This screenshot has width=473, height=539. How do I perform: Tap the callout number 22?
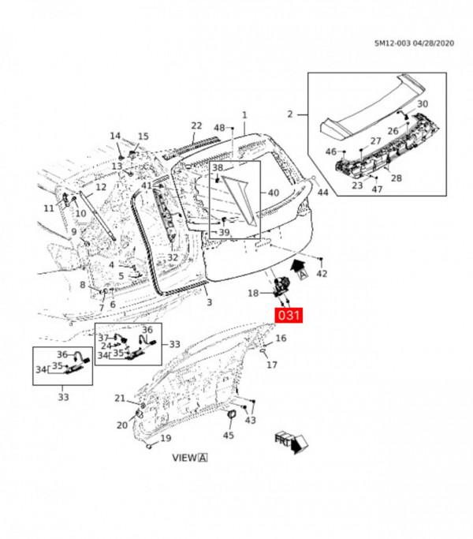pyautogui.click(x=196, y=126)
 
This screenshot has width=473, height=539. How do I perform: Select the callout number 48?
pyautogui.click(x=220, y=128)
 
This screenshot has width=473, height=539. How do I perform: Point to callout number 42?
pyautogui.click(x=321, y=273)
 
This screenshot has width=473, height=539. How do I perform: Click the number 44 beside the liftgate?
pyautogui.click(x=322, y=193)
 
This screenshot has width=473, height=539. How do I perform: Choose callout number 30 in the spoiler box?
pyautogui.click(x=423, y=104)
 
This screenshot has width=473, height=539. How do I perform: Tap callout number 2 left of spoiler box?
pyautogui.click(x=290, y=114)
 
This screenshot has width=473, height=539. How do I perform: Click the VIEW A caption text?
pyautogui.click(x=189, y=457)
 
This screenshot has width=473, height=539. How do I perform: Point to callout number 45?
pyautogui.click(x=229, y=435)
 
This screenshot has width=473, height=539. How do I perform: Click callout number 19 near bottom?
pyautogui.click(x=166, y=438)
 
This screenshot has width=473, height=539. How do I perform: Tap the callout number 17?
pyautogui.click(x=272, y=365)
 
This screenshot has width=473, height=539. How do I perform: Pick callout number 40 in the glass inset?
pyautogui.click(x=274, y=193)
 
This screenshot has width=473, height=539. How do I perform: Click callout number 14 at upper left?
pyautogui.click(x=116, y=136)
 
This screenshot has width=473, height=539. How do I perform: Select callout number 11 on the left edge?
pyautogui.click(x=49, y=208)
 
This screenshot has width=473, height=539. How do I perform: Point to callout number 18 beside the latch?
pyautogui.click(x=254, y=293)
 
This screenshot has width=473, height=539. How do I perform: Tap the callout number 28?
pyautogui.click(x=396, y=178)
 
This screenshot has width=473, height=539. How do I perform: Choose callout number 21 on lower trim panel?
pyautogui.click(x=120, y=398)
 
